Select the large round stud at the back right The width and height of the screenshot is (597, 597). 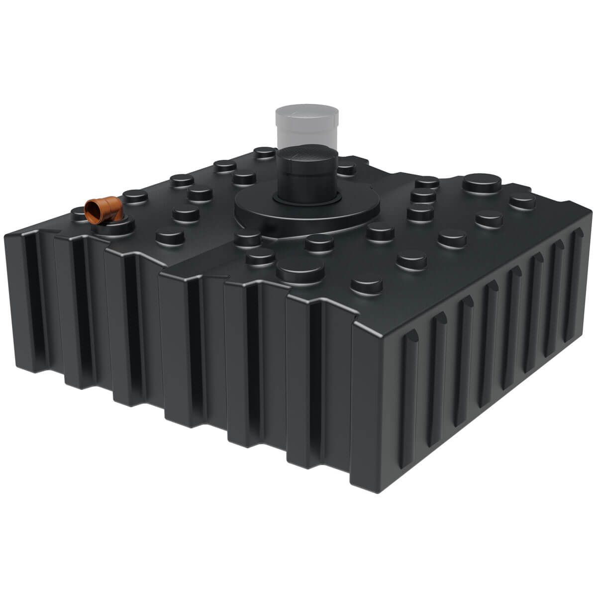point(482,183)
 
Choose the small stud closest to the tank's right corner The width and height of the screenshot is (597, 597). point(522,201)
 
